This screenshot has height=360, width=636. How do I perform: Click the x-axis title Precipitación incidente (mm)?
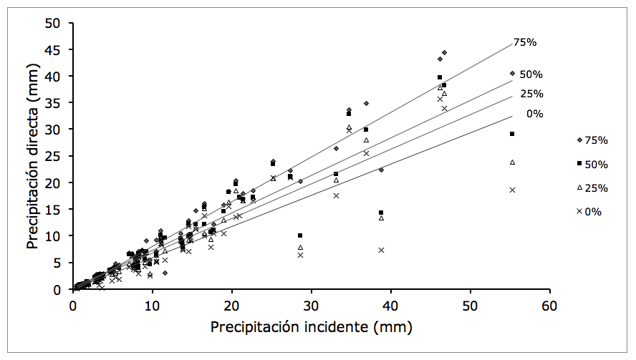pyautogui.click(x=312, y=327)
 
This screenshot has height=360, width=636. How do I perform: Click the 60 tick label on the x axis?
pyautogui.click(x=550, y=305)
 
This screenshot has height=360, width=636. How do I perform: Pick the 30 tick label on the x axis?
pyautogui.click(x=312, y=305)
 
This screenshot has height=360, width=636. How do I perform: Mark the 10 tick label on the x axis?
pyautogui.click(x=152, y=305)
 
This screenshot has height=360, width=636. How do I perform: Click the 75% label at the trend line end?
pyautogui.click(x=525, y=42)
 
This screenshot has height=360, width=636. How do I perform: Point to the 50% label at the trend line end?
pyautogui.click(x=531, y=74)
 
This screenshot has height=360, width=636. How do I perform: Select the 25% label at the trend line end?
pyautogui.click(x=531, y=94)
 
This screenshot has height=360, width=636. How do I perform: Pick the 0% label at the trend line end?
pyautogui.click(x=534, y=114)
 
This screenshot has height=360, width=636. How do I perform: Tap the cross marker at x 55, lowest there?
pyautogui.click(x=512, y=190)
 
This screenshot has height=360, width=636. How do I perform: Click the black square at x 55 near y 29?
pyautogui.click(x=512, y=134)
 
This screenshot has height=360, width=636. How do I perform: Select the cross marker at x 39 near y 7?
pyautogui.click(x=381, y=250)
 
